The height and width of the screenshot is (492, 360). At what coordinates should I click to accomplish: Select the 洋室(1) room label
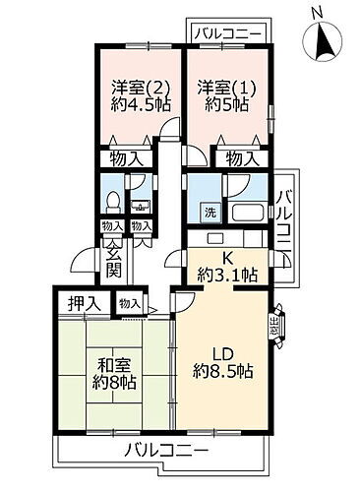(x=227, y=86)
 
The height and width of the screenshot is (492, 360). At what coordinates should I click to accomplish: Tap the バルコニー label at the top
(x=226, y=34)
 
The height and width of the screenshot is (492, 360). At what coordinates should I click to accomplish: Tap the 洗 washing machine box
(x=209, y=212)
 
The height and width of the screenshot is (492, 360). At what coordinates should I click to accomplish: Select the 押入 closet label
(x=84, y=304)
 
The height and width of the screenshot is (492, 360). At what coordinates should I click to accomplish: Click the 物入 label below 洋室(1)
(x=242, y=156)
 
